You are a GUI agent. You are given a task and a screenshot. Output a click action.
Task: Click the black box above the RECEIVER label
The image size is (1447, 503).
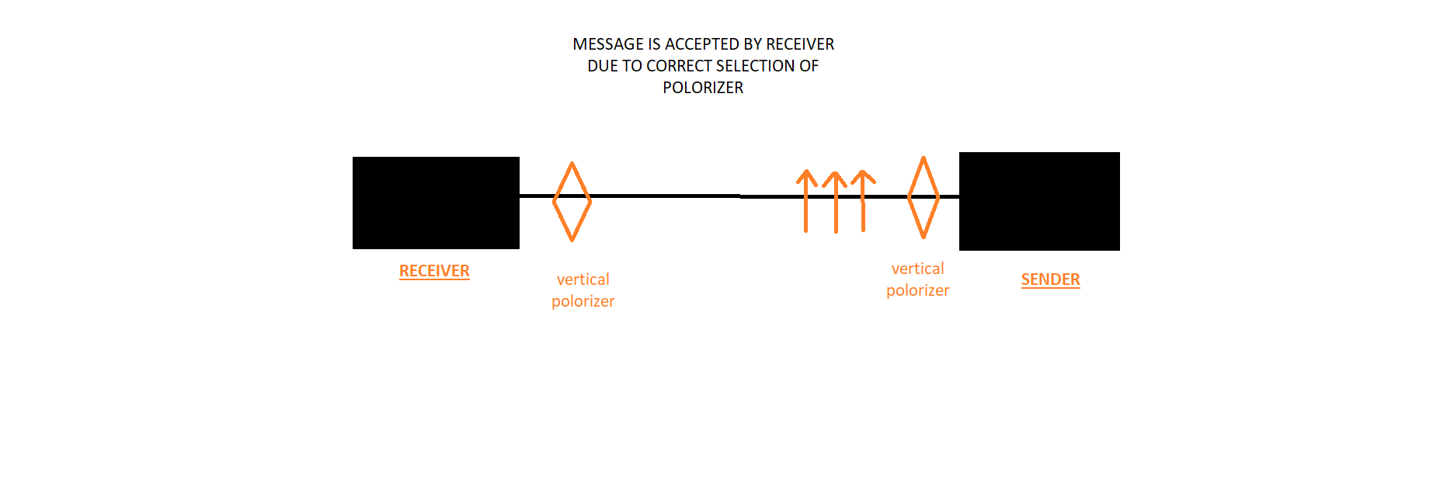pos(436,203)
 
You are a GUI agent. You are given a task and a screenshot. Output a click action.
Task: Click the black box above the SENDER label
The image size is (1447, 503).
pos(1039,201)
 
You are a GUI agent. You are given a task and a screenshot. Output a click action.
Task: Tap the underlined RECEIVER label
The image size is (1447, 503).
pos(434,271)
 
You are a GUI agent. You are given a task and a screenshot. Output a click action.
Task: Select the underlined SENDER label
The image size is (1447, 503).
pos(1050,279)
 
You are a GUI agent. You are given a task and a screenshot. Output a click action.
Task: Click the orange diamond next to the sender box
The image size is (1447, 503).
pos(909,197)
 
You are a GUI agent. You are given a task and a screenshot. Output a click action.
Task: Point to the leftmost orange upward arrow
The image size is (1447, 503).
pos(806,201)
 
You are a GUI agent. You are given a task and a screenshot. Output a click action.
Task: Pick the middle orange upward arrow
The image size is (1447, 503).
pos(836,202)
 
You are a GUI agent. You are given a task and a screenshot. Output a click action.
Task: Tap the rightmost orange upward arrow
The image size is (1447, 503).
pos(863,200)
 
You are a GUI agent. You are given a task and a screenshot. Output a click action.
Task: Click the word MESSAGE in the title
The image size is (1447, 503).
pos(608,44)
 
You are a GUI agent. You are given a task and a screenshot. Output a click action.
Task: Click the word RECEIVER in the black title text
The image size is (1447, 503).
pos(800,44)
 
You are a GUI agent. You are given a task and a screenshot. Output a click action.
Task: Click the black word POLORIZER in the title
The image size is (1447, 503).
pos(703,88)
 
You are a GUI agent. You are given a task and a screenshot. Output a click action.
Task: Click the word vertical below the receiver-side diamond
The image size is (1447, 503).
pos(583,279)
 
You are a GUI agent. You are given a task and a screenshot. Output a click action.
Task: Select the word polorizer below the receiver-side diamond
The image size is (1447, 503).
pos(583,301)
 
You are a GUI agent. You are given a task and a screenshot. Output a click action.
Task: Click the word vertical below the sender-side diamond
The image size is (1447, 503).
pos(917,269)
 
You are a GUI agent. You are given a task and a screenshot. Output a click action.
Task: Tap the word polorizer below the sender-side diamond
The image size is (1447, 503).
pos(917,290)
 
